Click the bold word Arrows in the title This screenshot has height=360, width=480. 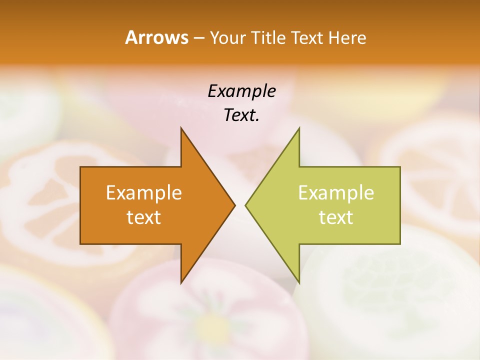click(x=156, y=37)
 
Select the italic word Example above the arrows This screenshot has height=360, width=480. click(x=241, y=91)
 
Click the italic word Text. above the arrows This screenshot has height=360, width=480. click(x=241, y=115)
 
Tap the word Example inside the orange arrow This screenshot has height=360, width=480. click(x=144, y=193)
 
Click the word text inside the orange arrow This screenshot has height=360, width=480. click(x=144, y=217)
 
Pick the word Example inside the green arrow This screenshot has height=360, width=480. click(x=336, y=193)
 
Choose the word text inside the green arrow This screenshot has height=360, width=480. click(x=336, y=217)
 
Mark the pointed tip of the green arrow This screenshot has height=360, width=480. click(x=246, y=205)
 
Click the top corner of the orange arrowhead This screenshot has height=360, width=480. click(x=181, y=128)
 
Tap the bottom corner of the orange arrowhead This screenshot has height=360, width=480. click(x=181, y=282)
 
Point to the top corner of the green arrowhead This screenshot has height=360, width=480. click(x=299, y=128)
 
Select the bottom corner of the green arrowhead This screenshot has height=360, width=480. click(x=299, y=282)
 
